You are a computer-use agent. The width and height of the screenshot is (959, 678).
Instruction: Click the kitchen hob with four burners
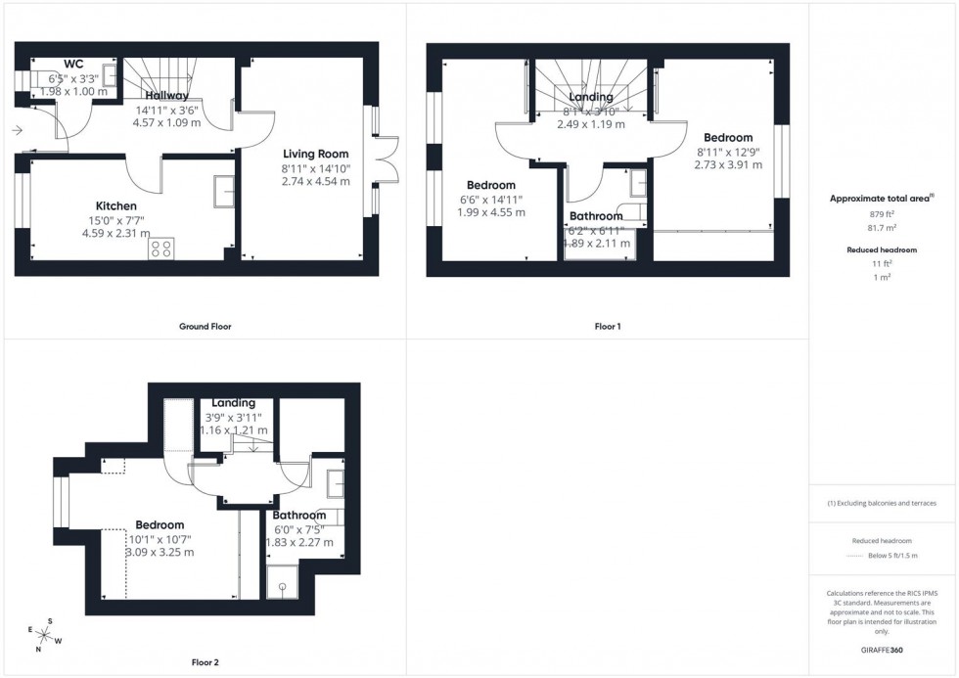click(161, 249)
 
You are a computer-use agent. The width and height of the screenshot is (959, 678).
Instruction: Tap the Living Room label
click(316, 154)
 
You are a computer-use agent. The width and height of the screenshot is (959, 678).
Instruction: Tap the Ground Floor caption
click(205, 326)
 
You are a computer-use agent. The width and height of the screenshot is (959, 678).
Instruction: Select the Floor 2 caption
click(205, 662)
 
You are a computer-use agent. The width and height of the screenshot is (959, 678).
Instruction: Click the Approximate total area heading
click(883, 198)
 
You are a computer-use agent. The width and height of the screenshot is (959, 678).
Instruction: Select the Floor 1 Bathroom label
click(596, 216)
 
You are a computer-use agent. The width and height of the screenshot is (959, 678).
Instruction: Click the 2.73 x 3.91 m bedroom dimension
click(725, 166)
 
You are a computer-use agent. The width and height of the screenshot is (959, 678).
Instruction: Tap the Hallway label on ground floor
click(167, 96)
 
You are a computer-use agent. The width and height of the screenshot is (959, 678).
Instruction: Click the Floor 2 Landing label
click(233, 403)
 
